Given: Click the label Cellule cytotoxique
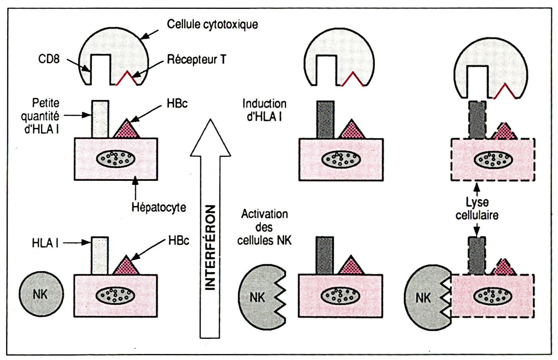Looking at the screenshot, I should pyautogui.click(x=212, y=24).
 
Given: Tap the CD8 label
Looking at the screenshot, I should pyautogui.click(x=49, y=59).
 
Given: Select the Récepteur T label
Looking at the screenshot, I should pyautogui.click(x=196, y=60).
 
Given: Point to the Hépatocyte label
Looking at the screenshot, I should pyautogui.click(x=159, y=207).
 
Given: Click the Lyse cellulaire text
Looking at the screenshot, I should pyautogui.click(x=477, y=208).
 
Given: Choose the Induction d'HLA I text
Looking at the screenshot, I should pyautogui.click(x=264, y=110).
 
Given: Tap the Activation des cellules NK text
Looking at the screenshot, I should pyautogui.click(x=264, y=227).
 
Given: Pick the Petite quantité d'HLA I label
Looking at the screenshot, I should pyautogui.click(x=41, y=116).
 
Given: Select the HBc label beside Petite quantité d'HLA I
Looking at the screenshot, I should pyautogui.click(x=177, y=104).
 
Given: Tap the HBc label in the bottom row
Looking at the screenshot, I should pyautogui.click(x=179, y=240).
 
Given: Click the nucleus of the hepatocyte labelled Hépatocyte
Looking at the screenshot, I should pyautogui.click(x=116, y=159).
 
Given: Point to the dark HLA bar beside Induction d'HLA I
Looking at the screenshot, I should pyautogui.click(x=325, y=120).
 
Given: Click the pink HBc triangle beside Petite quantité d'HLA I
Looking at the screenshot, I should pyautogui.click(x=127, y=130).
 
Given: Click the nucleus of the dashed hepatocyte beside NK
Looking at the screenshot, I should pyautogui.click(x=492, y=296).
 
